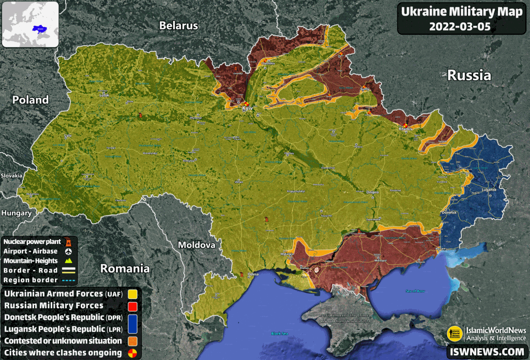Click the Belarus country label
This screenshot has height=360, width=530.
[x=179, y=25]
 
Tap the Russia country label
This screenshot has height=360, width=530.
[x=469, y=75]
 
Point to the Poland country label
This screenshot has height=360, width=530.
[x=31, y=100]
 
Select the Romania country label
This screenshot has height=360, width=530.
[x=125, y=268]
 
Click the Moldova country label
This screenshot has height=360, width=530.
[x=196, y=244]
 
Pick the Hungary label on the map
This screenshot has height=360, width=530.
[x=16, y=213]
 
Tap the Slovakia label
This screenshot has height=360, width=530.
[x=11, y=176]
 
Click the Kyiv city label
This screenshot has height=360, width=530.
[x=247, y=109]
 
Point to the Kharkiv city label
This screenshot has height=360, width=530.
[x=405, y=128]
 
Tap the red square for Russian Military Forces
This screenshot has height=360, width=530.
[x=132, y=306]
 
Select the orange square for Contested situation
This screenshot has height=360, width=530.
[x=132, y=341]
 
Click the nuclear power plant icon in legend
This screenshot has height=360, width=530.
[x=67, y=241]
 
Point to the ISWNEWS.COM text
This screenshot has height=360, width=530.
[x=486, y=352]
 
